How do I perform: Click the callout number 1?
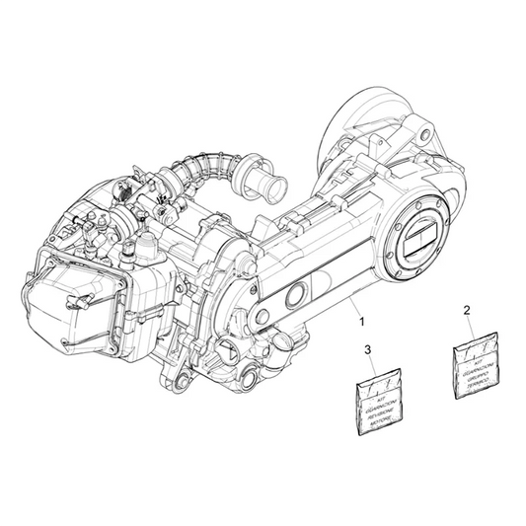pyautogui.click(x=360, y=323)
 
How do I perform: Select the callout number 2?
pyautogui.click(x=466, y=312)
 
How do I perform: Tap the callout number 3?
pyautogui.click(x=368, y=350)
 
